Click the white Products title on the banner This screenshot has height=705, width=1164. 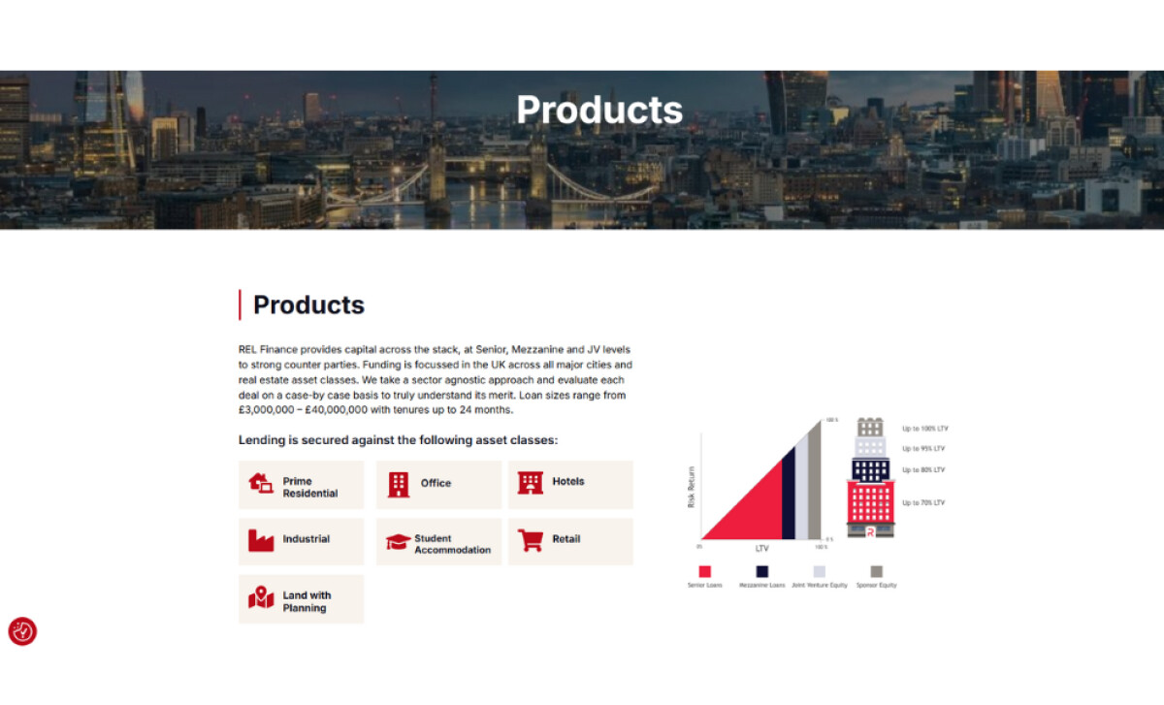(599, 110)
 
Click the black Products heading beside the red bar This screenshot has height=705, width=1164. (308, 304)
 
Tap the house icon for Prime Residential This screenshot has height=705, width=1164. (261, 483)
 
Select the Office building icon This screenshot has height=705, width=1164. (398, 484)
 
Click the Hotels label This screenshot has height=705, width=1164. (568, 481)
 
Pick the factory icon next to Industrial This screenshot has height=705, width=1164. (261, 540)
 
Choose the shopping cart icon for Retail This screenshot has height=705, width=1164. (531, 540)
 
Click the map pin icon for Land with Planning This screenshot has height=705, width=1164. (261, 598)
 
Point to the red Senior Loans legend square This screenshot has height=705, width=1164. (704, 571)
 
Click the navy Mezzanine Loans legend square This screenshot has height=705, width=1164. (762, 571)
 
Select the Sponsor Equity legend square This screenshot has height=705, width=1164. (876, 571)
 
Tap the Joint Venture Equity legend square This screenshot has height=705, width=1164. (820, 571)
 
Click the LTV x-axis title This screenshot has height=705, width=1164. (761, 549)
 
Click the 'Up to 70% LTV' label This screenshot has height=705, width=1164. (922, 502)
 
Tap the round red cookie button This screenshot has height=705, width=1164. (22, 631)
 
